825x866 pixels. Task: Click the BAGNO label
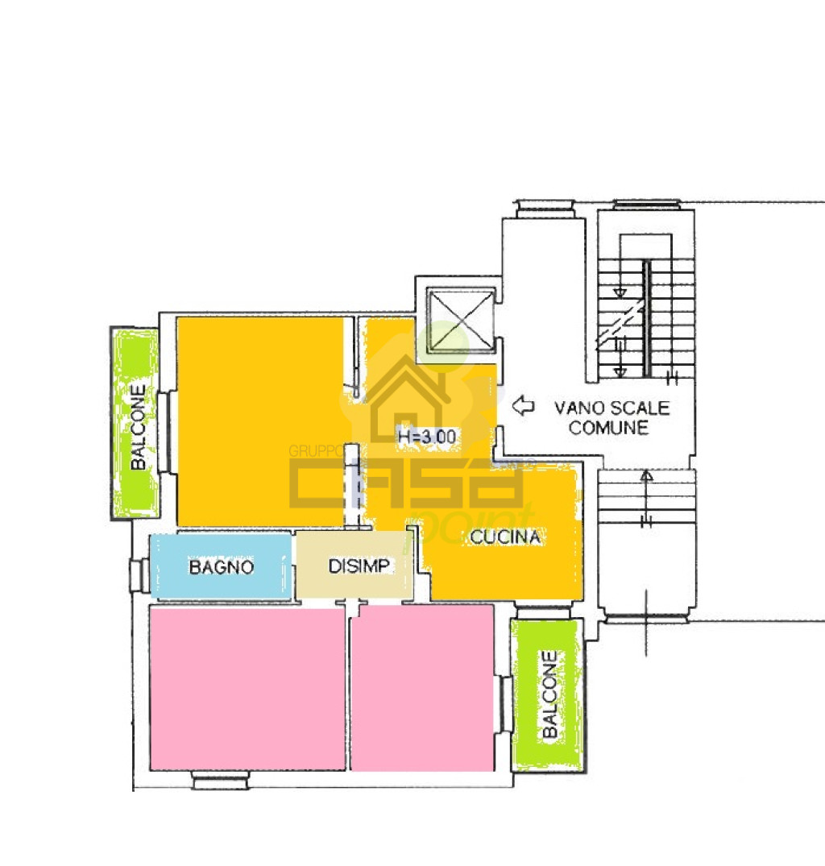[221, 566]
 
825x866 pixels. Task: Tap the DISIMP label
[359, 566]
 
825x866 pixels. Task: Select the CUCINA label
[505, 537]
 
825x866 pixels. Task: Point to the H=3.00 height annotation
[427, 437]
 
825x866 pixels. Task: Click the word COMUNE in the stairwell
[608, 428]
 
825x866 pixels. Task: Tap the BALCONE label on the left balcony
[138, 427]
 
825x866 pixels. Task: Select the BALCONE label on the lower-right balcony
[549, 694]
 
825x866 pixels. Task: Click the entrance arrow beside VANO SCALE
[523, 406]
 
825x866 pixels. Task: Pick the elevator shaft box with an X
[461, 321]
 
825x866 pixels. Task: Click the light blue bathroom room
[221, 566]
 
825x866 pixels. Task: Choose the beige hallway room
[354, 565]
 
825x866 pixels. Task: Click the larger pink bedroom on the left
[247, 688]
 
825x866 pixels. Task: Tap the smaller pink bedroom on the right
[422, 688]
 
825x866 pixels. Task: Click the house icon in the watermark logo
[407, 399]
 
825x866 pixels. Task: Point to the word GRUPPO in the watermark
[315, 451]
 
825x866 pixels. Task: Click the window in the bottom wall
[220, 781]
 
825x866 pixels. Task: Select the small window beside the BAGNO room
[139, 576]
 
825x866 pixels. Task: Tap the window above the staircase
[646, 205]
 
